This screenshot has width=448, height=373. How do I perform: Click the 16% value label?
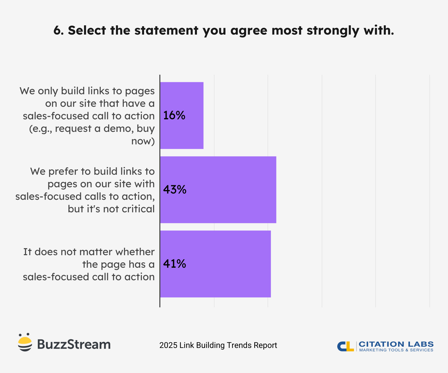[x=174, y=115]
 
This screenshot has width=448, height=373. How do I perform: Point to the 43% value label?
[x=175, y=190]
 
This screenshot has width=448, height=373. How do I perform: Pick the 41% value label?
[x=174, y=264]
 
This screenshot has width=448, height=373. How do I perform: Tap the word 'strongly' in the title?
[x=333, y=31]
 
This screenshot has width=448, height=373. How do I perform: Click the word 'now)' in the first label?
[x=143, y=141]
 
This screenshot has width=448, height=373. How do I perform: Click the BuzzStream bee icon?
[x=25, y=342]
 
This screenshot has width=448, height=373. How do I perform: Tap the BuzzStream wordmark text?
[x=74, y=344]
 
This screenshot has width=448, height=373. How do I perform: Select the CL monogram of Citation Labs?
[x=346, y=346]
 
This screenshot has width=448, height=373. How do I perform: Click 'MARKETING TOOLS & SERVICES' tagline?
[x=396, y=350]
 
